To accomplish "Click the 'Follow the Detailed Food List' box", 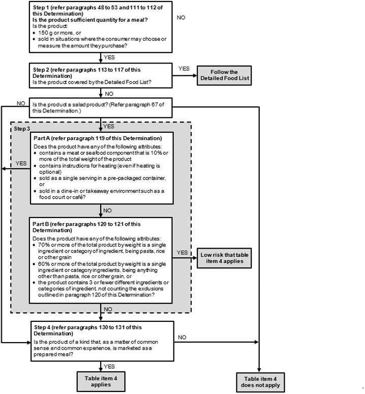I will coord(224,75).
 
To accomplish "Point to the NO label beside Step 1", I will coord(181,17).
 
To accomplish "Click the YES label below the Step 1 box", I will coord(109,57).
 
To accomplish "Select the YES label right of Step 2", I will coord(184,68).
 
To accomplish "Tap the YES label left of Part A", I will coord(21,163).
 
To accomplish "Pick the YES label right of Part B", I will coord(182,252).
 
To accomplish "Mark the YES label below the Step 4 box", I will coord(109,366).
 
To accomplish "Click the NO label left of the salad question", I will coord(21,103).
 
